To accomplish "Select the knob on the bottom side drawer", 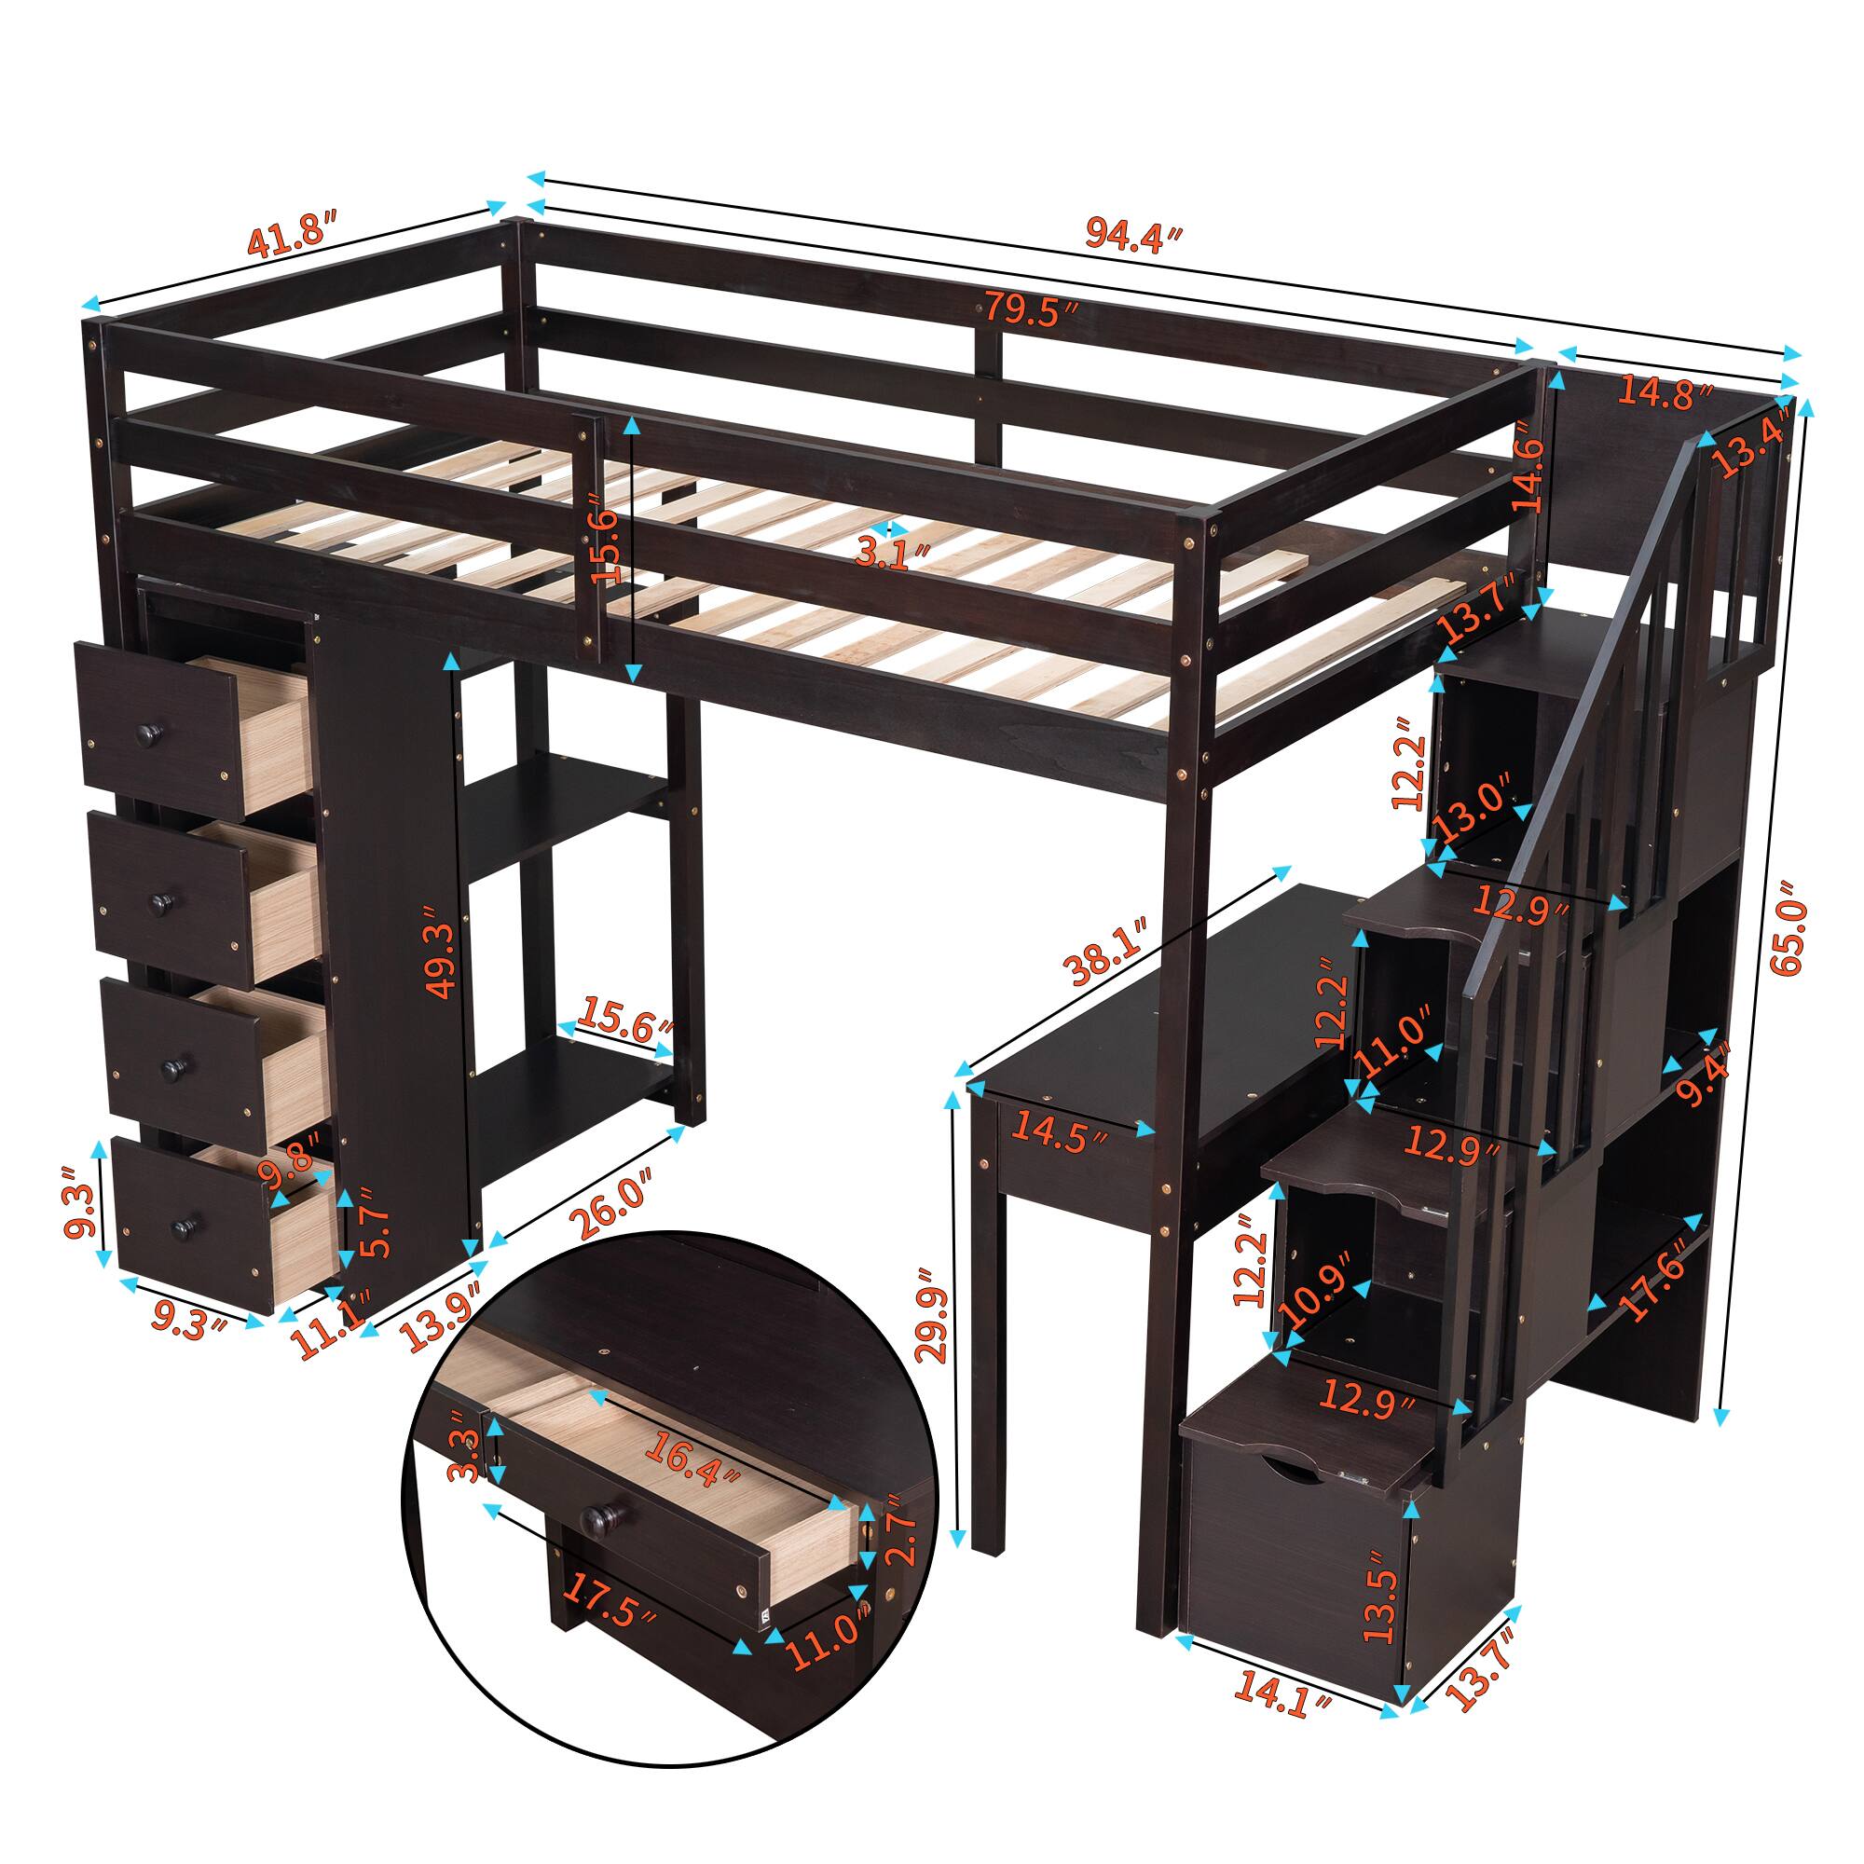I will pyautogui.click(x=180, y=1227).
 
